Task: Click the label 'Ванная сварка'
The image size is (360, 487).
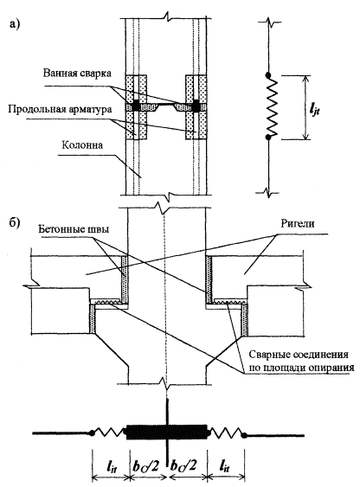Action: tap(77, 74)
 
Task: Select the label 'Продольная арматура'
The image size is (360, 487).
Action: tap(60, 109)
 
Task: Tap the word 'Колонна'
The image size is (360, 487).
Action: tap(82, 145)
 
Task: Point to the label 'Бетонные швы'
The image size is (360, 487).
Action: tap(74, 229)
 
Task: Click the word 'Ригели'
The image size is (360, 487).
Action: tap(298, 224)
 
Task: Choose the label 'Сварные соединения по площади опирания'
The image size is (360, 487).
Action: tap(301, 361)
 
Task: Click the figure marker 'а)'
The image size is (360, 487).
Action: tap(15, 24)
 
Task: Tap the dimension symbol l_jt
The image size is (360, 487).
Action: tap(314, 110)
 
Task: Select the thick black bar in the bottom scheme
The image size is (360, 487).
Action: tap(167, 433)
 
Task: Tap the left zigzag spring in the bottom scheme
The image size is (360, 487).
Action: tap(109, 432)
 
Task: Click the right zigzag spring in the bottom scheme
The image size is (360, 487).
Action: tap(227, 432)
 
